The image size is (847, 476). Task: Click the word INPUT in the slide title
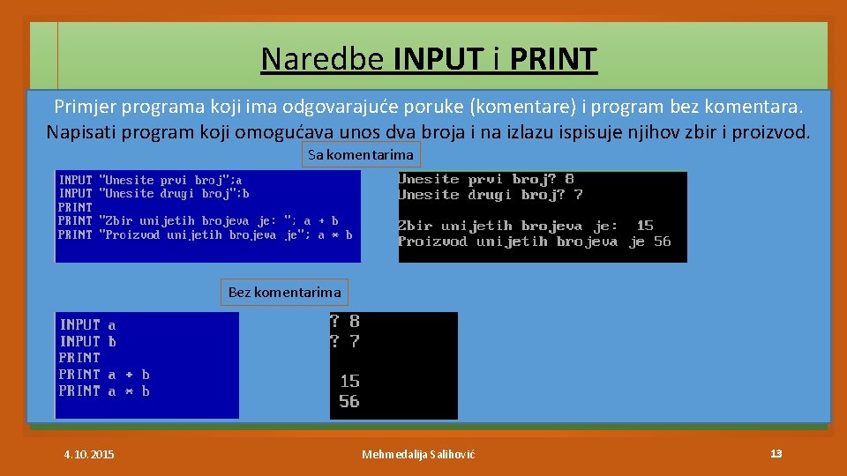(x=439, y=59)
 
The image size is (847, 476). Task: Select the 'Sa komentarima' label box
(x=360, y=155)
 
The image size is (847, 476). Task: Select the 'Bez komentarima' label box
(x=284, y=292)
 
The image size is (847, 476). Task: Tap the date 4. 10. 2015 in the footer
(x=89, y=454)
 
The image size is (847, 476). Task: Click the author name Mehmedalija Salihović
(x=418, y=454)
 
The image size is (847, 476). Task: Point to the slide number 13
(x=776, y=453)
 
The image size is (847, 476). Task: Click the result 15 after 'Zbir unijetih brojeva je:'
(x=645, y=226)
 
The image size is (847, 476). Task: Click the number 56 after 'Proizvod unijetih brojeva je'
(x=662, y=242)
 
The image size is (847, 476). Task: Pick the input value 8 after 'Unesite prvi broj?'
(x=570, y=179)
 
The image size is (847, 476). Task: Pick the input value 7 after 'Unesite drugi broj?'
(x=578, y=195)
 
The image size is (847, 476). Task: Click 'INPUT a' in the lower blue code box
(x=87, y=324)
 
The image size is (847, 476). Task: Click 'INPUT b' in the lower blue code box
(x=87, y=341)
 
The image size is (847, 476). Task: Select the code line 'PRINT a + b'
(x=104, y=375)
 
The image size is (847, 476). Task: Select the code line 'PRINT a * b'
(x=104, y=391)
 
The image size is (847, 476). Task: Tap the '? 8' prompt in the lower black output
(x=344, y=322)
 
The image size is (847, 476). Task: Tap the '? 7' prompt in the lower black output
(x=344, y=341)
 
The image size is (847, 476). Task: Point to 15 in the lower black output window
(x=349, y=381)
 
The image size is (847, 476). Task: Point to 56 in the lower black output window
(x=349, y=401)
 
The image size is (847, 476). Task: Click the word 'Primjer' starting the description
(x=82, y=108)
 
